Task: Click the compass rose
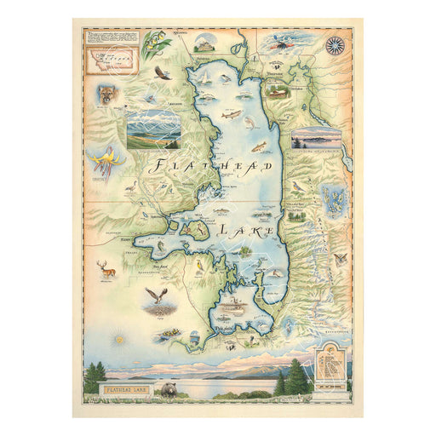[x=334, y=44]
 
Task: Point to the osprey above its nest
[x=155, y=295]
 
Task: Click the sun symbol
[x=118, y=340]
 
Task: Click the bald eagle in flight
[x=162, y=73]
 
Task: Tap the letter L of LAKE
[x=223, y=230]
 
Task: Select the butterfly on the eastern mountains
[x=341, y=258]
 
